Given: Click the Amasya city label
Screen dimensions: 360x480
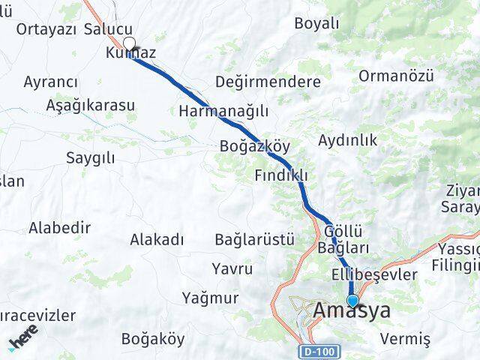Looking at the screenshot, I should point(352,310).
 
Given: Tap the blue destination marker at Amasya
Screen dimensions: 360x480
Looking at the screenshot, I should point(352,301).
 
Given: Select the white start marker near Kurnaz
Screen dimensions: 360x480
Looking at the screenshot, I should point(130,43).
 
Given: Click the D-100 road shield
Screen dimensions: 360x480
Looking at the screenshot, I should point(319,351).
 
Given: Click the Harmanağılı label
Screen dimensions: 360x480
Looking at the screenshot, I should point(223,111).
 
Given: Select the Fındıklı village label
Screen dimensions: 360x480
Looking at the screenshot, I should point(281,175).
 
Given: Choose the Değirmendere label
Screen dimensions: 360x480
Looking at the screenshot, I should point(268,81).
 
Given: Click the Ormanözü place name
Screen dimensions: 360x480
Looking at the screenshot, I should point(397,75).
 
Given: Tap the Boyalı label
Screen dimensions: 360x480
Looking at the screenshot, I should point(316,23).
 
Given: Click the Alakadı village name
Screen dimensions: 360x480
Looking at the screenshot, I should point(157,240).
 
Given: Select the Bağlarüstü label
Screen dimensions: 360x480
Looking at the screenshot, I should point(254,240).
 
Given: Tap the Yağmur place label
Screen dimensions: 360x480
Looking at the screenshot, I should point(210,298).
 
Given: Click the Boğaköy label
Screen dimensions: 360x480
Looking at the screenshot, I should point(152,338).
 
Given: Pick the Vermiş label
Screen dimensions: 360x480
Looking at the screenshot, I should point(405,339).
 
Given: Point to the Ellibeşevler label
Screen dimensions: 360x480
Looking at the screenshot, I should point(373,274).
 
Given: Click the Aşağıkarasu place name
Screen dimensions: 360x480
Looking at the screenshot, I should point(90,104).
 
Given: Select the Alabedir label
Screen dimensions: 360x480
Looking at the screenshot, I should point(60,227).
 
